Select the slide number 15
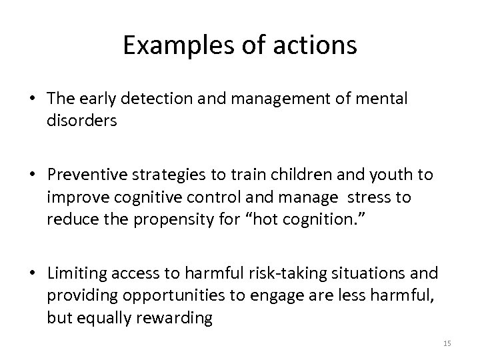447,343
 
